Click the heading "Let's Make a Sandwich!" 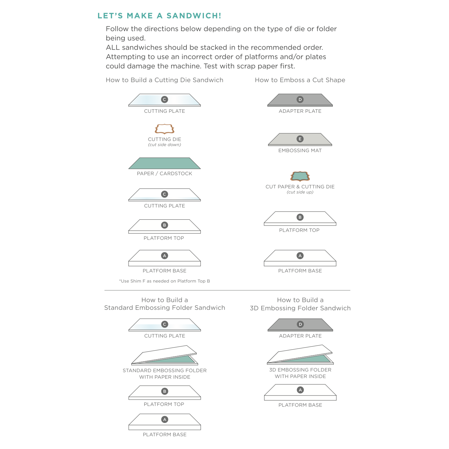tap(159, 16)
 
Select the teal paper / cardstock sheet tap(165, 163)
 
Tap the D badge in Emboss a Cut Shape tap(300, 100)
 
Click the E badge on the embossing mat tap(300, 139)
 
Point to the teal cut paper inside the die tap(300, 176)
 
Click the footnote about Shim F tap(165, 281)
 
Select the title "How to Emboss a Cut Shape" tap(300, 80)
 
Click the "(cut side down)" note tap(165, 145)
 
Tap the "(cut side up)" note tap(300, 192)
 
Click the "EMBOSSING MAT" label tap(300, 150)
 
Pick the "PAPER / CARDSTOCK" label tap(165, 173)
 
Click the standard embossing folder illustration tap(165, 355)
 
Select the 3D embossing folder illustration tap(300, 355)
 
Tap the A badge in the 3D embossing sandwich tap(300, 390)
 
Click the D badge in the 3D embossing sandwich tap(300, 324)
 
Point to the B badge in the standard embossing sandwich tap(165, 391)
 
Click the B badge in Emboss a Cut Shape tap(300, 217)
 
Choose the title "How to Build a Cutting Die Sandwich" tap(165, 80)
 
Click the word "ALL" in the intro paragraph tap(113, 48)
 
